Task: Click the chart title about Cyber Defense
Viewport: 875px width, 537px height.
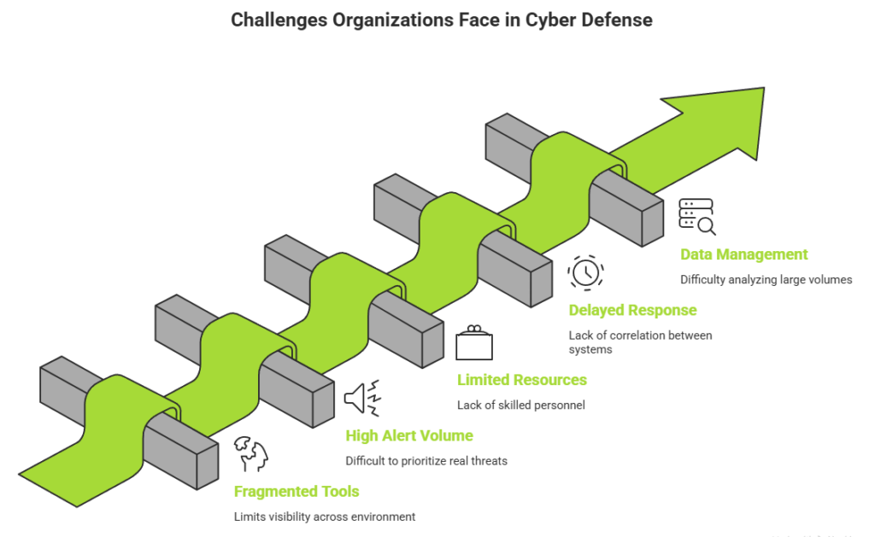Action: [441, 20]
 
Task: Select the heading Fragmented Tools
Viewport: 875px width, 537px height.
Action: [297, 492]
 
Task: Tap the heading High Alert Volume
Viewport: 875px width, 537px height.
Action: [409, 436]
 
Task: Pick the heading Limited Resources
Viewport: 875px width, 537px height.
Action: [521, 380]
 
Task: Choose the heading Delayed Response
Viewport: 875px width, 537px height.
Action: [632, 311]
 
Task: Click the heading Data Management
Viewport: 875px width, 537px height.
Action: [743, 254]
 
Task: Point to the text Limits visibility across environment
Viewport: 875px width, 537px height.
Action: [324, 517]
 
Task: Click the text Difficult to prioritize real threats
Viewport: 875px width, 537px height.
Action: [426, 461]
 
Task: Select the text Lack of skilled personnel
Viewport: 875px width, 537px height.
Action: [520, 406]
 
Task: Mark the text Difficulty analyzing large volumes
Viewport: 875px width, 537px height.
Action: [766, 279]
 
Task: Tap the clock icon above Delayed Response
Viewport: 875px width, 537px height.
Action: [585, 272]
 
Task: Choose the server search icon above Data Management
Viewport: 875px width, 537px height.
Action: [697, 216]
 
